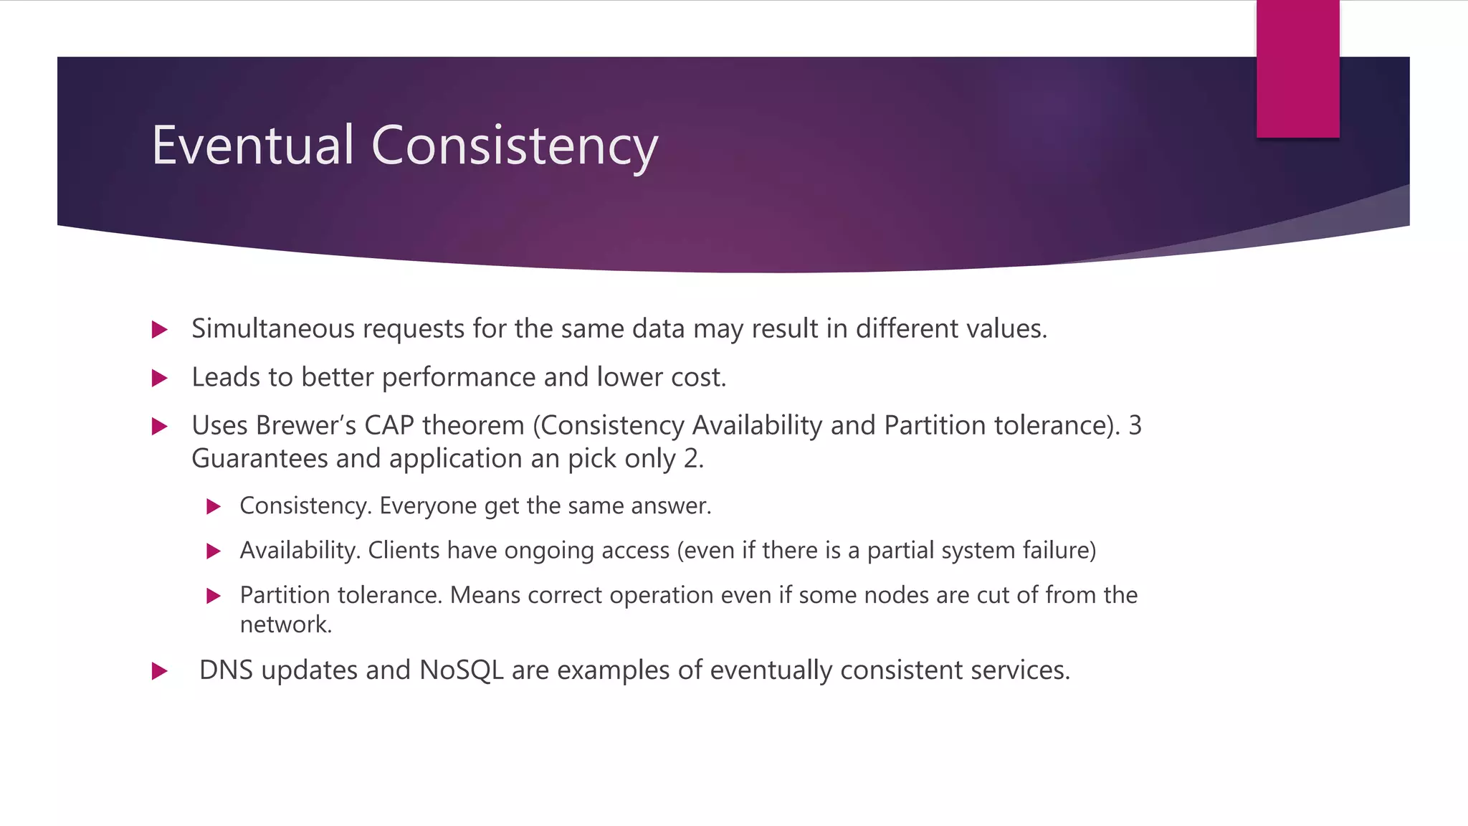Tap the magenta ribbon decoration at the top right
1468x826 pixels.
pos(1297,69)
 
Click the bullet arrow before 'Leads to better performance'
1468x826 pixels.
pos(160,378)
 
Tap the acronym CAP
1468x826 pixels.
pos(389,425)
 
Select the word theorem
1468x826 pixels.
pos(473,425)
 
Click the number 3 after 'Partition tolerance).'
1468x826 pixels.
pos(1135,425)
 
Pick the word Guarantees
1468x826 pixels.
pos(259,458)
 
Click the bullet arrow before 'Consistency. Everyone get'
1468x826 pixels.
pos(213,507)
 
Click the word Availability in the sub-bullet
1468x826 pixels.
pos(300,550)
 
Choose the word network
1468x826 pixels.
pos(285,625)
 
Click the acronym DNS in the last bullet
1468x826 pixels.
pos(226,670)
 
